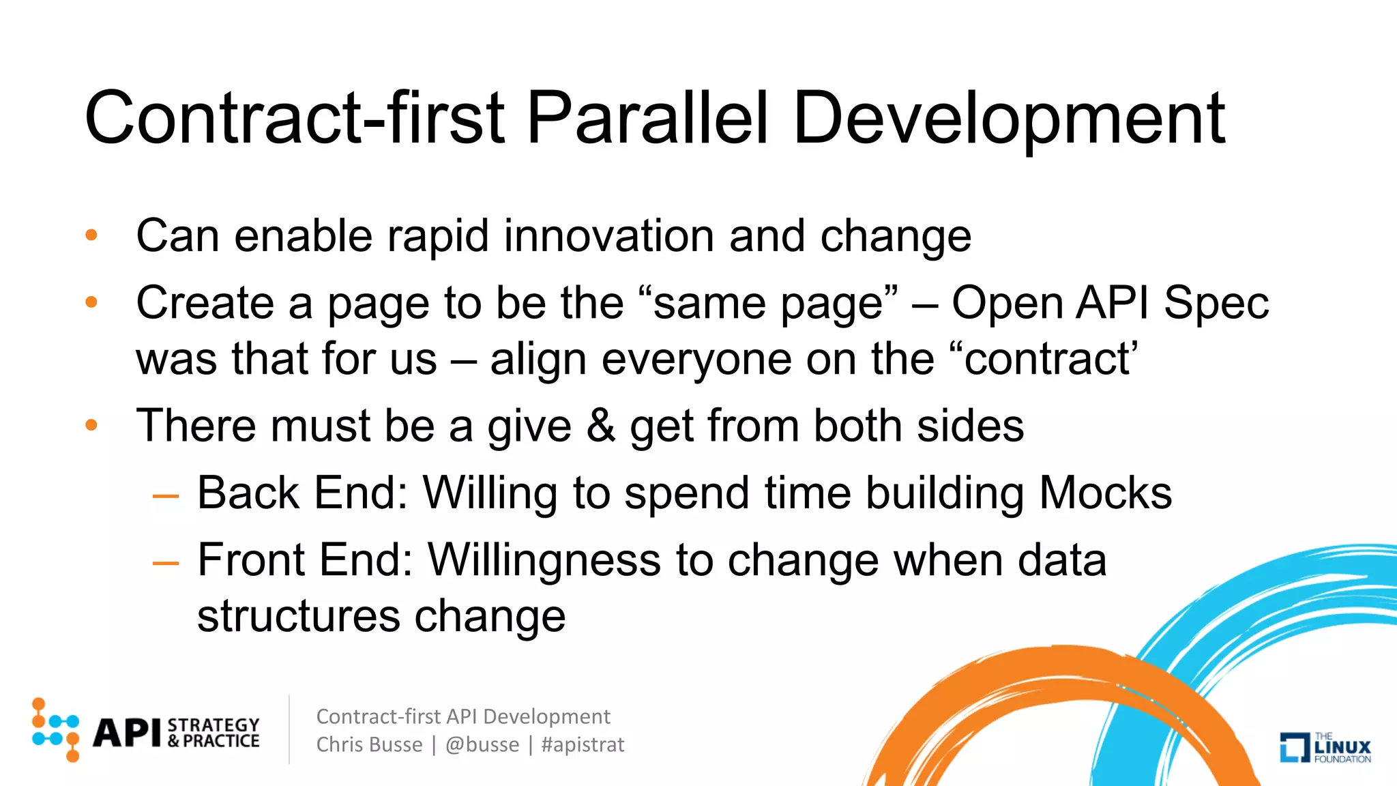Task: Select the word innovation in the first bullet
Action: tap(608, 236)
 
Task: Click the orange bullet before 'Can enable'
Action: tap(91, 236)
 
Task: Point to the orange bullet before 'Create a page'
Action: tap(91, 302)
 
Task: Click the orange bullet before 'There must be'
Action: tap(91, 426)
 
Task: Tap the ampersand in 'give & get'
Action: tap(600, 426)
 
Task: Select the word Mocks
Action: tap(1105, 493)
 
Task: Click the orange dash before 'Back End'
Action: tap(166, 496)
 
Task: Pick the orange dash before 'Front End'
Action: tap(166, 564)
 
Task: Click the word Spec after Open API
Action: tap(1216, 303)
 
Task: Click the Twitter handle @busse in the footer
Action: tap(482, 744)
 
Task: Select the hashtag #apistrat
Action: tap(583, 744)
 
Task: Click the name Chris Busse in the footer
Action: tap(369, 744)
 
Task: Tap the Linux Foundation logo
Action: tap(1325, 747)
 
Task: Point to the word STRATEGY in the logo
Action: tap(214, 725)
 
